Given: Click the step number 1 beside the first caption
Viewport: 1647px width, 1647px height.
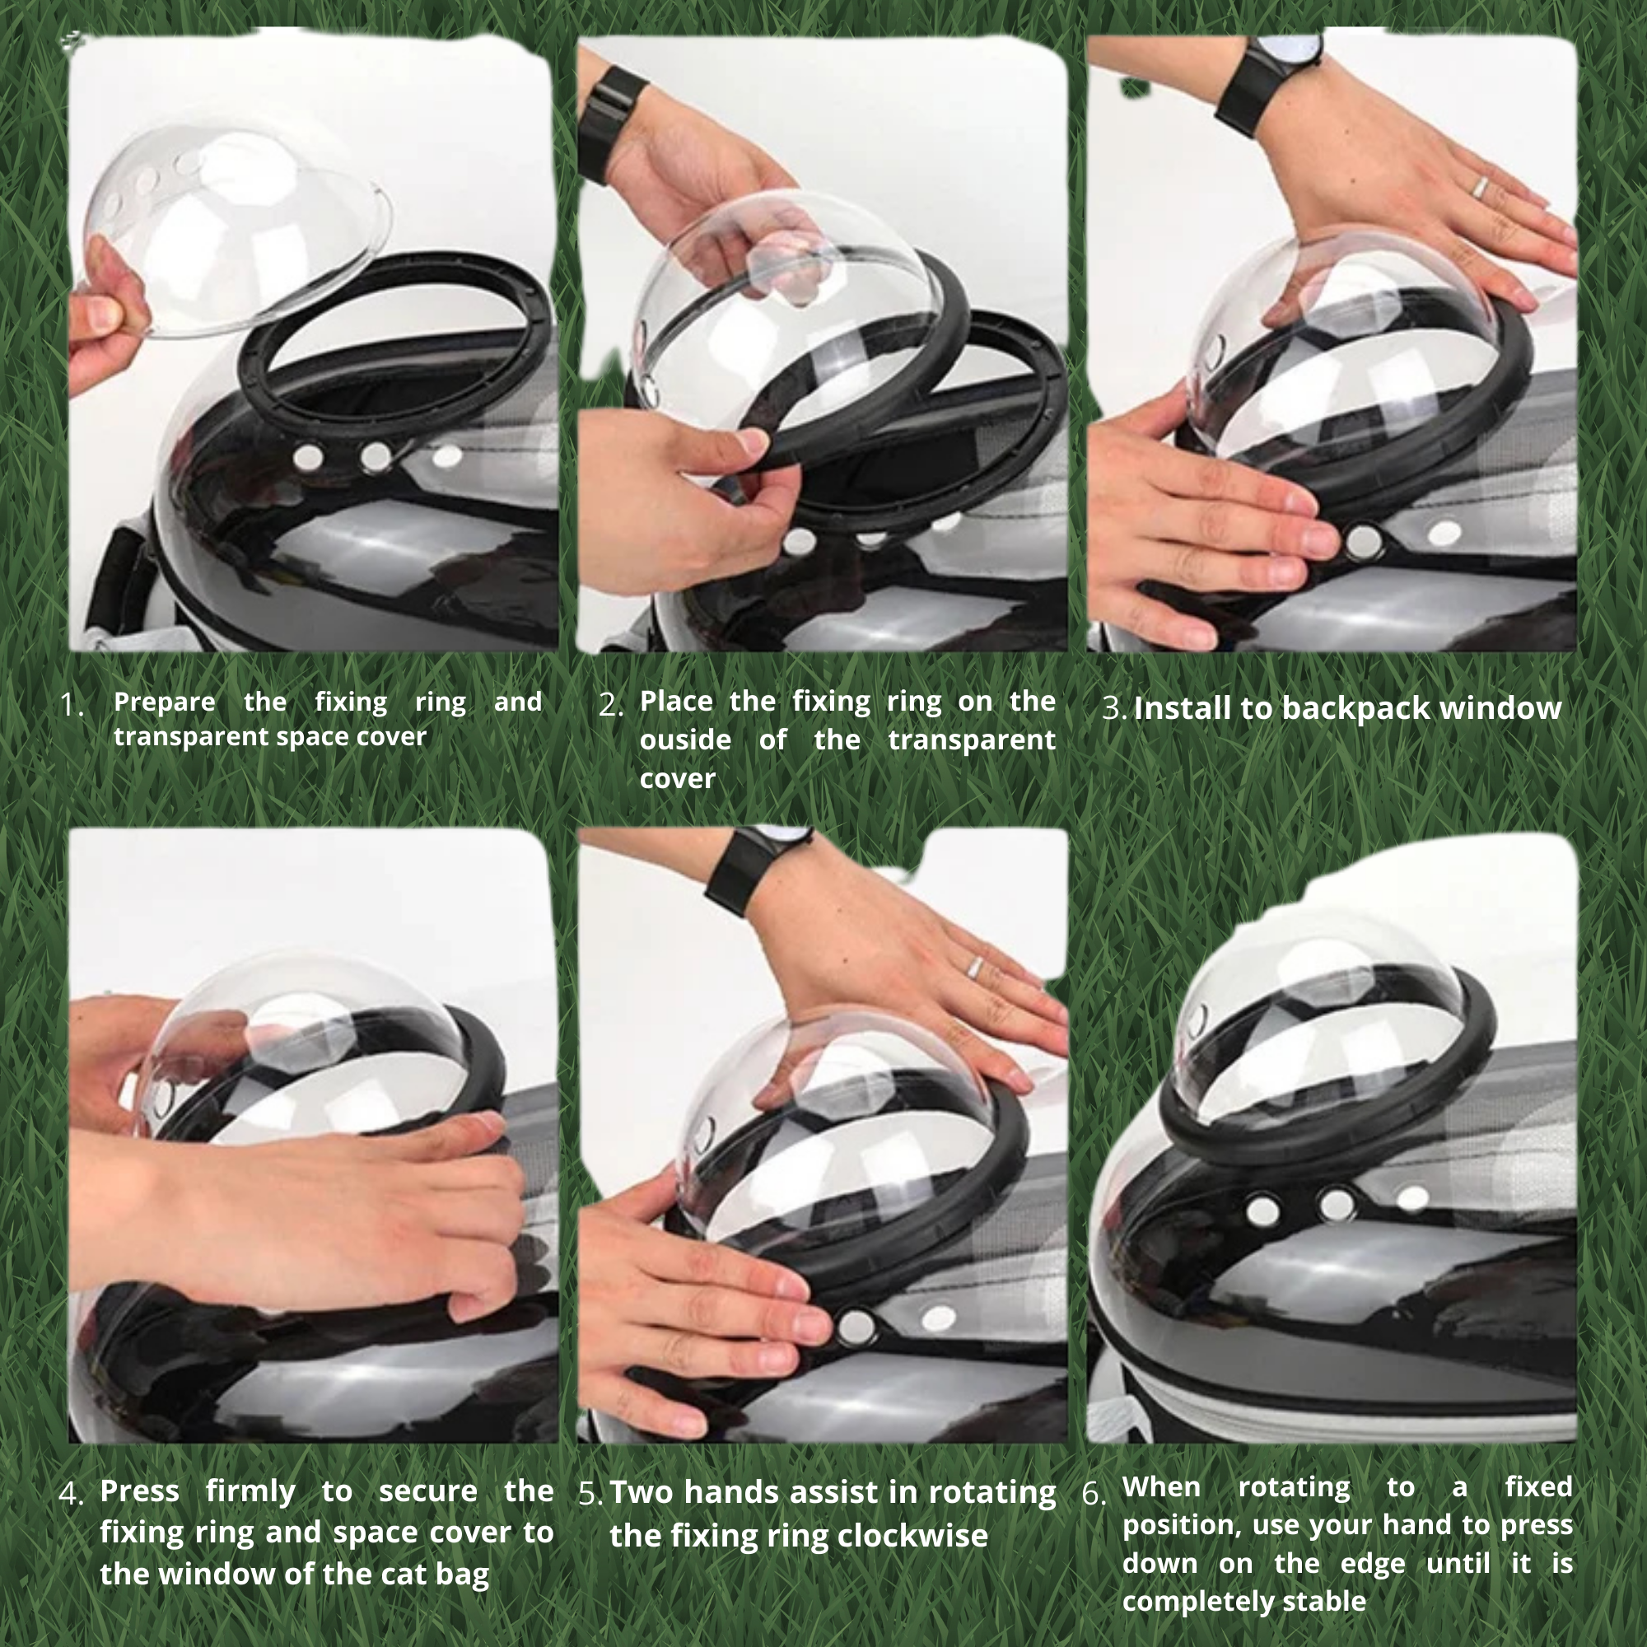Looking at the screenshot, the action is (71, 705).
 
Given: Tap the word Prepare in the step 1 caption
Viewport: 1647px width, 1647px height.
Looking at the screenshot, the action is (165, 702).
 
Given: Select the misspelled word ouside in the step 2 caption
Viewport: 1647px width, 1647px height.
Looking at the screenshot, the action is (685, 740).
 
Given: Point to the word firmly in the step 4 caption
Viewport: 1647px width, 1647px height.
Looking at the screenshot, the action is (250, 1493).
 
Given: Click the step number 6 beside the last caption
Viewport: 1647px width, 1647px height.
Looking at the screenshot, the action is (1093, 1495).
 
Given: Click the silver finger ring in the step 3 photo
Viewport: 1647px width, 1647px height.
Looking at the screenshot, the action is (1479, 188).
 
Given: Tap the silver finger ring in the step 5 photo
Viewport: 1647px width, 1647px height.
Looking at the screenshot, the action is (973, 967).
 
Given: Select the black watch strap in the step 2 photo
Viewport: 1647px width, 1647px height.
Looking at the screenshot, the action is (609, 122).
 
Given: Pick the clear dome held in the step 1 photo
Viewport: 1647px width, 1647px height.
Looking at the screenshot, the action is (238, 231).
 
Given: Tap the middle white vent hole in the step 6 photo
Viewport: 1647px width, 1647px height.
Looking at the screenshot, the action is (1335, 1205).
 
